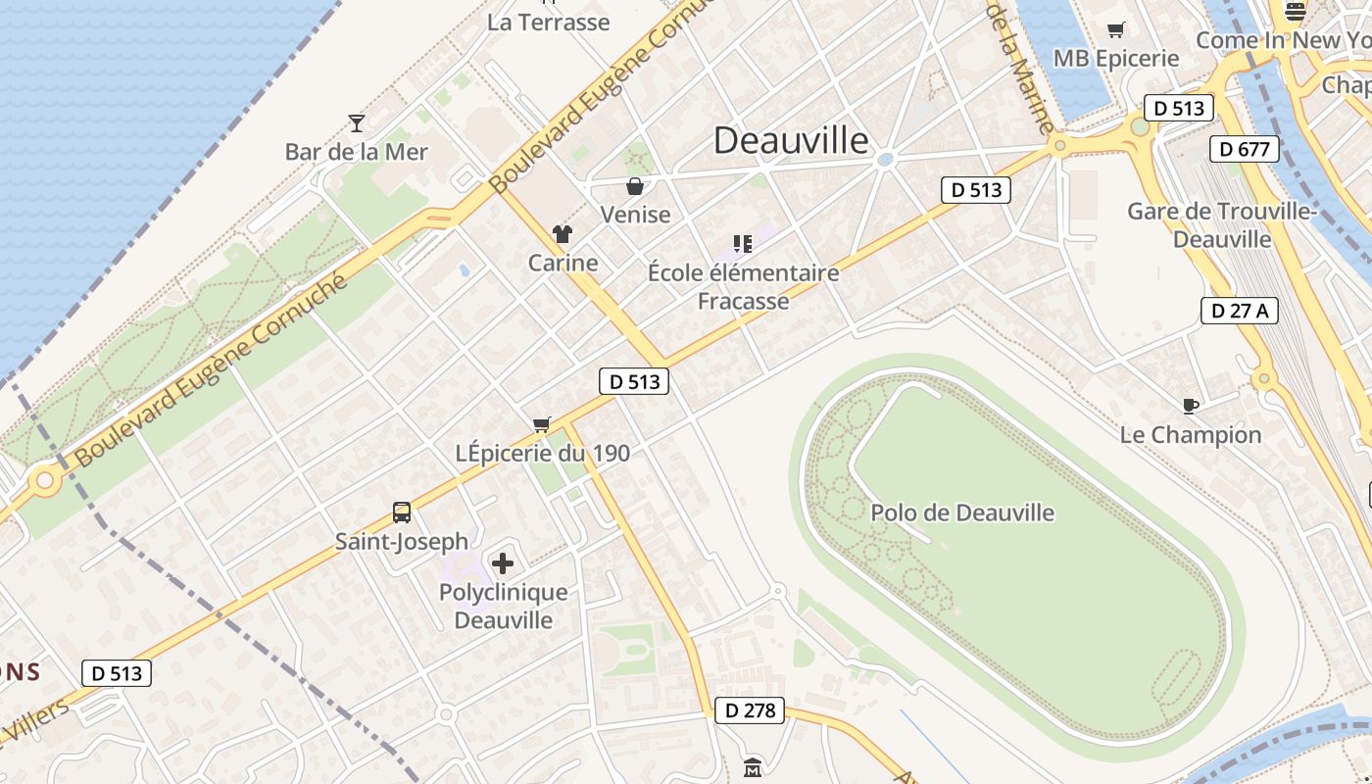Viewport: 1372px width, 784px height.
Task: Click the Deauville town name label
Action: point(791,140)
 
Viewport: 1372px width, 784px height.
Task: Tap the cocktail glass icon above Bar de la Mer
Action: point(357,123)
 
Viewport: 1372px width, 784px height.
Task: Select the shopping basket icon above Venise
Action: point(635,186)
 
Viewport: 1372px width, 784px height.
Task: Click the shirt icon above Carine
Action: point(563,234)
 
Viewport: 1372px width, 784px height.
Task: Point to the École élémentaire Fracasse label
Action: point(743,286)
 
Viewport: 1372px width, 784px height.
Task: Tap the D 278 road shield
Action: point(751,710)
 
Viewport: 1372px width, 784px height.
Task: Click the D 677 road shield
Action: point(1245,149)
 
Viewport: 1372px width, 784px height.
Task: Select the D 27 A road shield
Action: point(1239,311)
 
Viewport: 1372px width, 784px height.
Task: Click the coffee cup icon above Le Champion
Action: point(1191,406)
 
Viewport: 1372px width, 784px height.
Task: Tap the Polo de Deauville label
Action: point(962,513)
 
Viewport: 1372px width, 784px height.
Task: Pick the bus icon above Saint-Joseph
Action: point(402,512)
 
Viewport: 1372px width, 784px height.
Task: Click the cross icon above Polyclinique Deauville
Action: point(503,563)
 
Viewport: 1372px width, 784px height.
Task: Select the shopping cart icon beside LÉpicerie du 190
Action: point(541,424)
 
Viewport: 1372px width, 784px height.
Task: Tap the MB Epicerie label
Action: point(1116,59)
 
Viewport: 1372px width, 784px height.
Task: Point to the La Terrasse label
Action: point(549,22)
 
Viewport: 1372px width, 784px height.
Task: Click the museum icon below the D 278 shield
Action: point(753,767)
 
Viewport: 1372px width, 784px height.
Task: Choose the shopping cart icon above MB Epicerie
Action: point(1115,30)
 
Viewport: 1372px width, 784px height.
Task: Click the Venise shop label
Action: point(635,215)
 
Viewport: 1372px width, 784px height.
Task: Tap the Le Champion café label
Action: point(1191,434)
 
